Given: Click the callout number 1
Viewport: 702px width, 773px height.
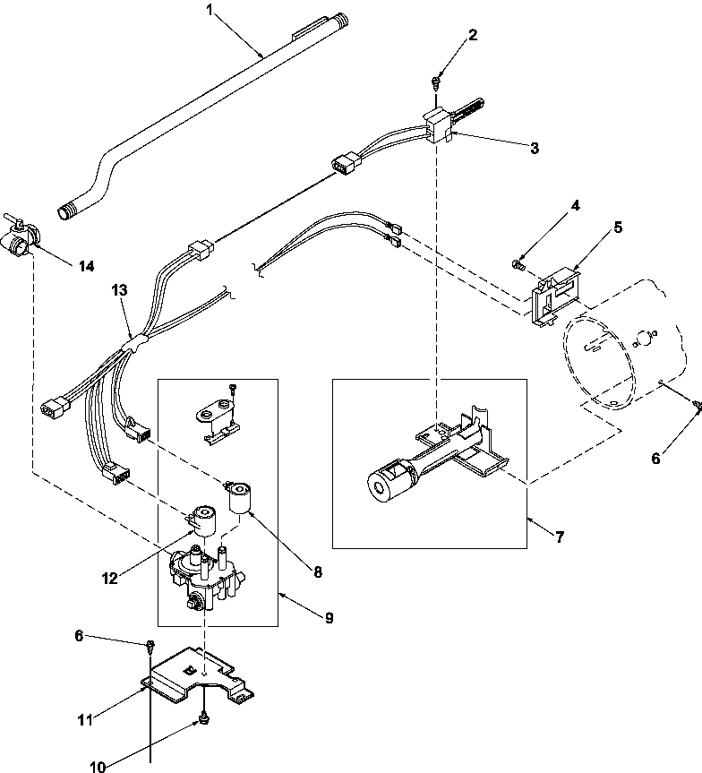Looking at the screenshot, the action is coord(210,10).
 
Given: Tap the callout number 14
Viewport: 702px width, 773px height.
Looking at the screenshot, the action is coord(86,266).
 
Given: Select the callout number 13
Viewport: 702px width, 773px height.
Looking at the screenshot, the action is coord(119,290).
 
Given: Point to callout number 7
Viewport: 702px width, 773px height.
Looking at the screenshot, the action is coord(559,537).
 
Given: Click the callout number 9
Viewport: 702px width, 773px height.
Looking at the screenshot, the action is coord(329,617).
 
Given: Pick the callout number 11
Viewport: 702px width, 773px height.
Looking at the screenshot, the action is coord(85,720).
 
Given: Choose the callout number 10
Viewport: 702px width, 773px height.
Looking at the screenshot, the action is coord(98,767).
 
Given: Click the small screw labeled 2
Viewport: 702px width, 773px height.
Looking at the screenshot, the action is coord(436,82).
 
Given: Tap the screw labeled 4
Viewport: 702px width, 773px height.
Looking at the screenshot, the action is coord(518,265).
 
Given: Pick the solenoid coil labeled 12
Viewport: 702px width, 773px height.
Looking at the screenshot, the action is coord(201,520).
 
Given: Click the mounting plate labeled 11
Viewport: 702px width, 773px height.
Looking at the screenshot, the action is coord(197,676).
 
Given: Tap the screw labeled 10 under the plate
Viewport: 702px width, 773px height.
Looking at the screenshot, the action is coord(203,719).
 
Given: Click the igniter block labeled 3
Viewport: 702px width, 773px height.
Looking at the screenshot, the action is coord(438,126).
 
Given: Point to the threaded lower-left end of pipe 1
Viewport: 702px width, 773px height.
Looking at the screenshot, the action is coord(65,212).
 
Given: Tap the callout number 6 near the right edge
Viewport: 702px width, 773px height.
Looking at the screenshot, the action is coord(655,459).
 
